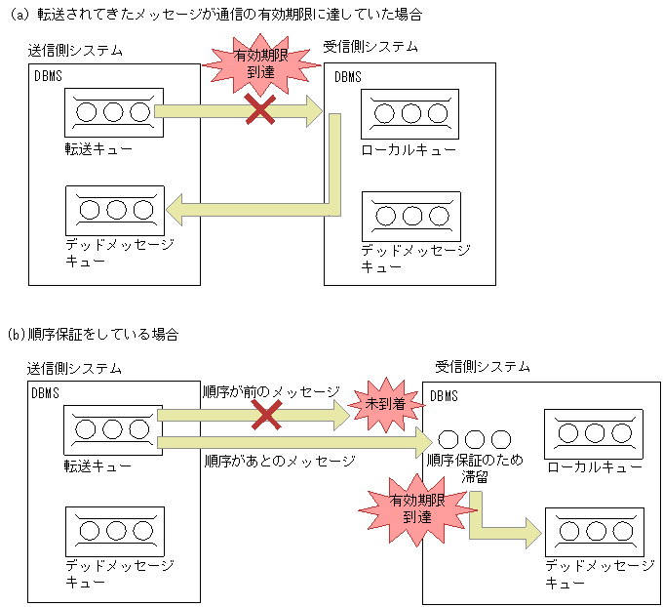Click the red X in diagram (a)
click(x=259, y=109)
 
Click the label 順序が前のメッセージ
click(x=270, y=391)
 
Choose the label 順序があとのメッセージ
click(x=279, y=460)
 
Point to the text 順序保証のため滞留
click(x=475, y=468)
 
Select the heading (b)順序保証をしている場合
click(x=94, y=335)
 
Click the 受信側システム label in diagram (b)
click(x=483, y=367)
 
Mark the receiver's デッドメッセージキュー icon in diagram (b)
click(x=594, y=532)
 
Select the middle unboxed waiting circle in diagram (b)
click(x=475, y=439)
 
